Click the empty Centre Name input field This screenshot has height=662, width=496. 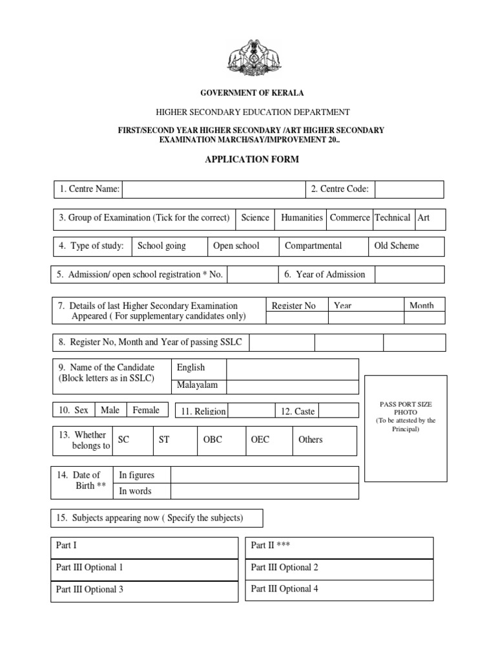(x=213, y=189)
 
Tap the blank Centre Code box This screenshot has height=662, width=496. (x=409, y=189)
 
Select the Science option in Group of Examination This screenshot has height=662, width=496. (x=255, y=218)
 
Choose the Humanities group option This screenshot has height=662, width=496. (x=302, y=218)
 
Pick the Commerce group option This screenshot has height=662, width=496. (x=349, y=218)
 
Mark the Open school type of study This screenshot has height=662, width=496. (x=236, y=246)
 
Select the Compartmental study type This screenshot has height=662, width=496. (x=313, y=246)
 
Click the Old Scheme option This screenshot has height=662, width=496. (x=397, y=246)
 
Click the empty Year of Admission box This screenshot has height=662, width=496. (x=409, y=274)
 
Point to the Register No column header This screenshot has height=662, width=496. (x=294, y=306)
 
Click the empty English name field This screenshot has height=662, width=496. (x=292, y=369)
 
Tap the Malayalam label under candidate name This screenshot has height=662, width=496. (x=198, y=385)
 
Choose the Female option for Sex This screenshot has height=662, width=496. (x=146, y=410)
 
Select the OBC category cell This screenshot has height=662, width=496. (x=212, y=440)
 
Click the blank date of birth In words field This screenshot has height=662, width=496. (x=264, y=491)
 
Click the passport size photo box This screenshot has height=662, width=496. (x=406, y=428)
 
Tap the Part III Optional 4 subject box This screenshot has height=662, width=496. (x=339, y=590)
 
